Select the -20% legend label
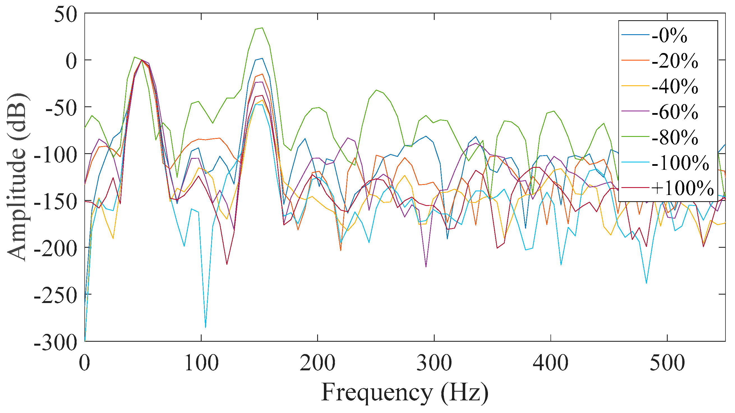[674, 61]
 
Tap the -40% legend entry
[674, 87]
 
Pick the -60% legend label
[674, 112]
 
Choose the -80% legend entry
[674, 137]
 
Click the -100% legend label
[680, 163]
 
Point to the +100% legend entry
[682, 189]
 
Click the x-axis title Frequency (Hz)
[405, 393]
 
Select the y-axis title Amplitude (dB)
[18, 177]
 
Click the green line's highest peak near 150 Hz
[262, 28]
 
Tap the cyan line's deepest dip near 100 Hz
[206, 327]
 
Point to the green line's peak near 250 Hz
[377, 90]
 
